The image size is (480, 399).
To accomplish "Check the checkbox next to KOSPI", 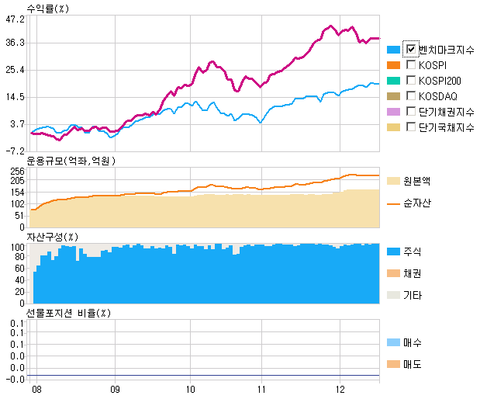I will (411, 64).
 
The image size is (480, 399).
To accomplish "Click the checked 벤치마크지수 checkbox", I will (411, 49).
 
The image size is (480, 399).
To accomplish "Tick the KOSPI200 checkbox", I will (411, 80).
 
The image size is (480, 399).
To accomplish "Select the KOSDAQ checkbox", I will (411, 95).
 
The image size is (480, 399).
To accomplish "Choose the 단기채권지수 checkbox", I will (411, 111).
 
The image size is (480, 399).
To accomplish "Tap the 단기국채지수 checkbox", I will (411, 127).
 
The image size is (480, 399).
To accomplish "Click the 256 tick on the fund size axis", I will (18, 171).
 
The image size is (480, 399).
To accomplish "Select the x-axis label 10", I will (191, 387).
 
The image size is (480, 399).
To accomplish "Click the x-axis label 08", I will (36, 387).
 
